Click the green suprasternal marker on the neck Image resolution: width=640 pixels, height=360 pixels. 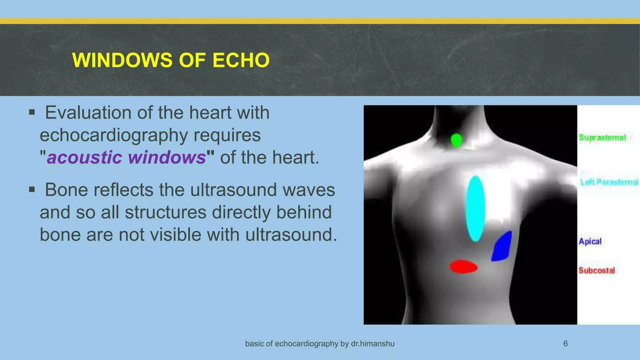click(x=457, y=140)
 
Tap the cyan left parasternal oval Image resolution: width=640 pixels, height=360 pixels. click(x=475, y=208)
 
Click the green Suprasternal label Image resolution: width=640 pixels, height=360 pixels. click(x=602, y=138)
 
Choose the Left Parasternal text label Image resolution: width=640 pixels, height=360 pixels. click(x=609, y=182)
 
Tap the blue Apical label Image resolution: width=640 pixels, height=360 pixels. click(x=590, y=242)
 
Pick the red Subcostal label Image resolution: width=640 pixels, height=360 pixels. click(x=597, y=270)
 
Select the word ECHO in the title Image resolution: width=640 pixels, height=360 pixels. click(x=241, y=60)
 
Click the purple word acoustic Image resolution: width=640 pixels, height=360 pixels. click(x=84, y=157)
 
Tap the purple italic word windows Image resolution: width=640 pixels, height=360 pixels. click(x=167, y=157)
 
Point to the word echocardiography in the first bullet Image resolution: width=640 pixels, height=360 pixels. click(x=114, y=135)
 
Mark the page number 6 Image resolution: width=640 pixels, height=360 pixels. click(x=565, y=344)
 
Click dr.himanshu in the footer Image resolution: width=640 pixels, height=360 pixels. click(x=372, y=344)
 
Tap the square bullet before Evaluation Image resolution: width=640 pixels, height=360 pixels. click(x=32, y=112)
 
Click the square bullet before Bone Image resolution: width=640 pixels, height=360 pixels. click(x=32, y=189)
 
